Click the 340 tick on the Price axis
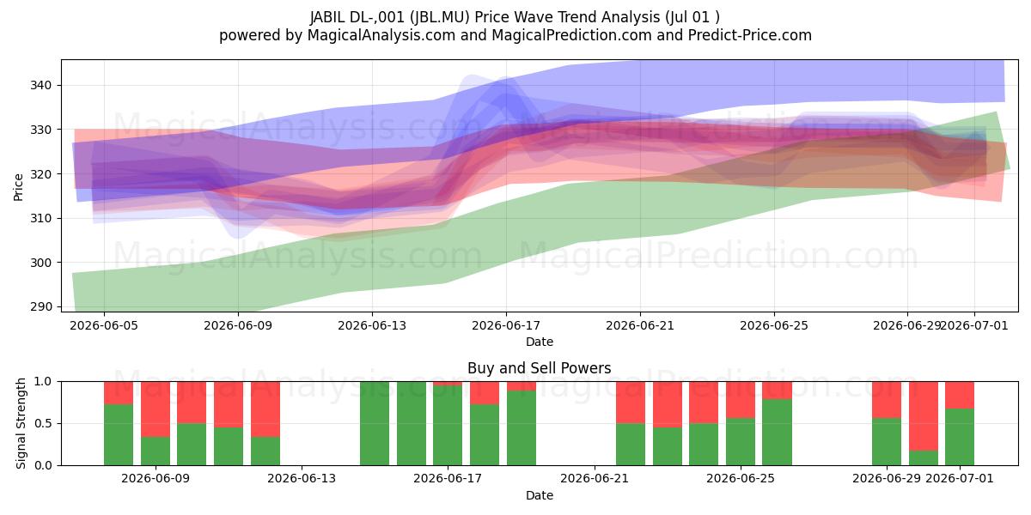point(40,86)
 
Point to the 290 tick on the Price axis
point(40,306)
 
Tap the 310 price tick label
point(40,218)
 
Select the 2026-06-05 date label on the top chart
point(104,325)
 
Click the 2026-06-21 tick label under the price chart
point(640,325)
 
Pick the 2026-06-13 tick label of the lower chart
point(302,479)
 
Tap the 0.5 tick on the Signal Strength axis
point(43,423)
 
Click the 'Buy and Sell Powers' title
point(539,368)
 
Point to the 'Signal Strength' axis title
point(21,423)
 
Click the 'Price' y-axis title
point(18,187)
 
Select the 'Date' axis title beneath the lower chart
point(540,495)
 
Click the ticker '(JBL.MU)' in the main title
point(440,17)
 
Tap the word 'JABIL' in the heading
point(327,17)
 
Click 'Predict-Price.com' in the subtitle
point(750,35)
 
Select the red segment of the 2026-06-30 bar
point(924,416)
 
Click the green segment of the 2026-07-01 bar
point(960,437)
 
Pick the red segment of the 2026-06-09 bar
point(156,409)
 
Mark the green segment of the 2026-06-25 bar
point(741,442)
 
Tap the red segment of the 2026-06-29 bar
point(887,400)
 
